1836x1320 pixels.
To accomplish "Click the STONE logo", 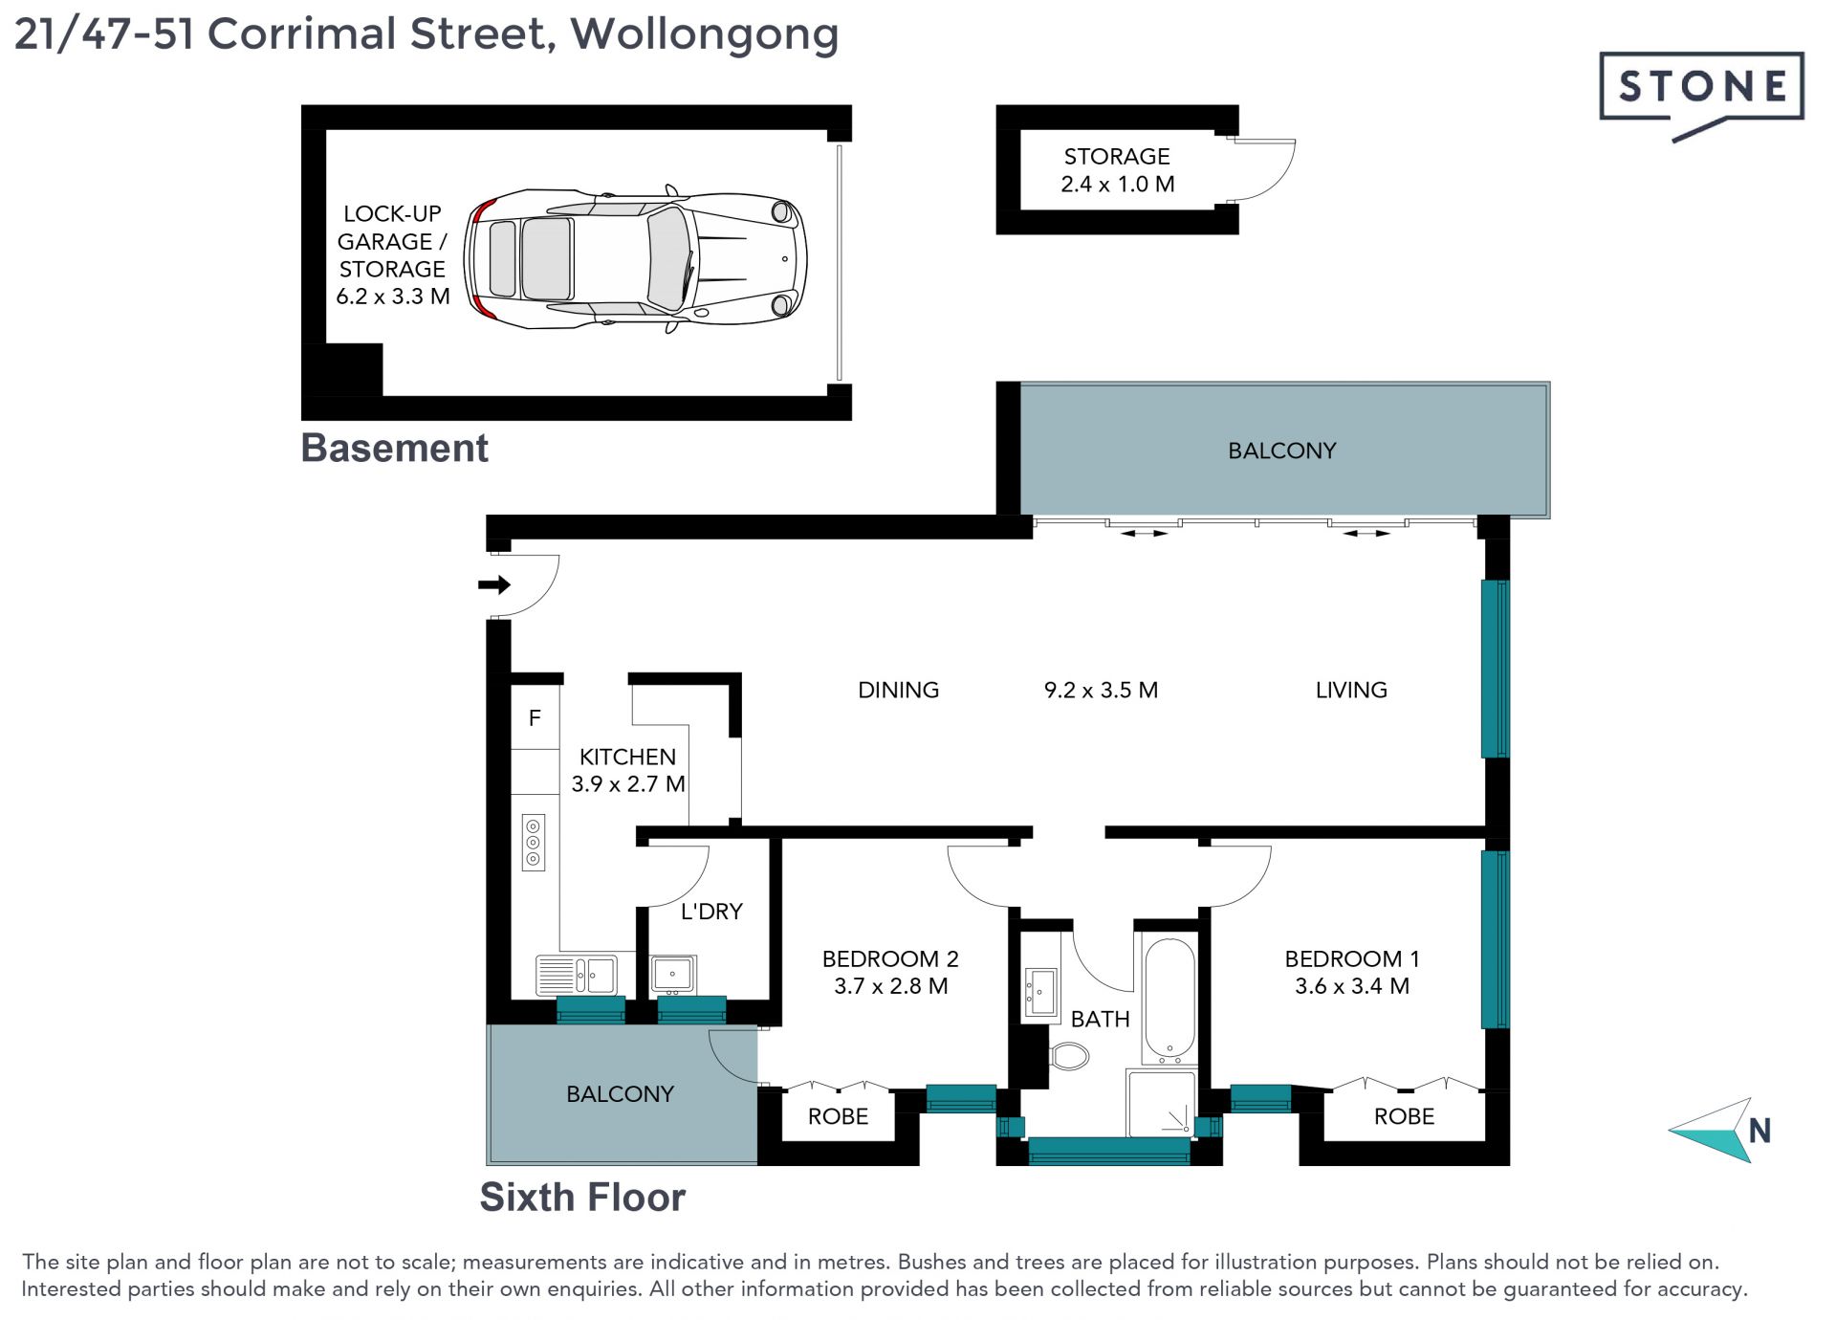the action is (1701, 92).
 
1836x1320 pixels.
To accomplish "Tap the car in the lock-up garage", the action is (635, 258).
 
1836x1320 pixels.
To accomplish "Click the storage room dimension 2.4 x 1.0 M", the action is (1117, 184).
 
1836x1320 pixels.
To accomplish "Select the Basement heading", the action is (394, 448).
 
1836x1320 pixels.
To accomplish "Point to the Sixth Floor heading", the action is (582, 1197).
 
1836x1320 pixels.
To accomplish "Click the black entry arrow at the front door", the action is (494, 584).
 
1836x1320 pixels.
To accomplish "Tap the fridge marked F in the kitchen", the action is (535, 717).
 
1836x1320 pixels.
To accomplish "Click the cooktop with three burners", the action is (533, 842).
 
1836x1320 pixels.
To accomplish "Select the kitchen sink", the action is (578, 976).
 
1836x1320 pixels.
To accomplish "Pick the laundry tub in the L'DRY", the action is (673, 975).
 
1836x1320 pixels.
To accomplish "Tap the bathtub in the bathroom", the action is (1169, 1001).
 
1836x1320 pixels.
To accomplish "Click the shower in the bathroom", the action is (1161, 1103).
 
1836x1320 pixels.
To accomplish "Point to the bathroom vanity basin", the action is (1039, 992).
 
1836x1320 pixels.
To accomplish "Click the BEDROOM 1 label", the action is (1351, 958).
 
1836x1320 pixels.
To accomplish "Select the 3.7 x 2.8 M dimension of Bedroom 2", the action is (890, 986).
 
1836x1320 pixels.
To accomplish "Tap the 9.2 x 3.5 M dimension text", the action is (1101, 690).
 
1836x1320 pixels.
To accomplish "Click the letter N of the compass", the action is (1759, 1131).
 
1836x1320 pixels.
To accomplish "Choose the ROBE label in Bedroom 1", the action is (1404, 1116).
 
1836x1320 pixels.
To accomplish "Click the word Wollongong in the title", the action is (705, 34).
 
